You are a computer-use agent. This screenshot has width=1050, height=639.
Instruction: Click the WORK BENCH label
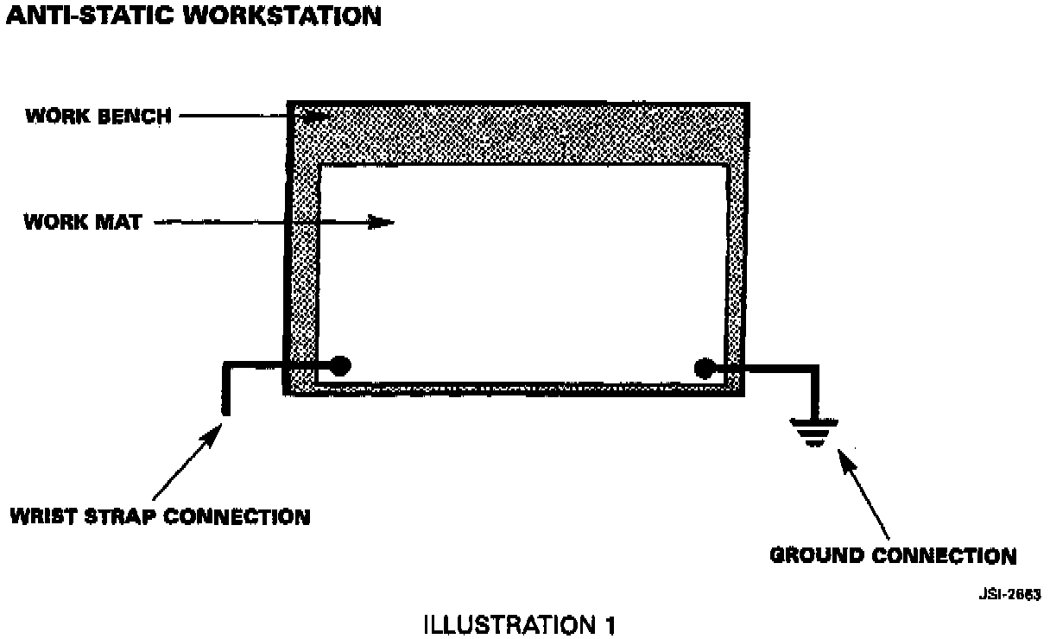98,116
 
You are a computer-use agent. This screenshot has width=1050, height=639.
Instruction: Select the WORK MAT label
83,222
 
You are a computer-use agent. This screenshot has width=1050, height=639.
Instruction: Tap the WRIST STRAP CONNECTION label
160,517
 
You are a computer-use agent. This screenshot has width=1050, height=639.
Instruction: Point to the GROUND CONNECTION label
893,555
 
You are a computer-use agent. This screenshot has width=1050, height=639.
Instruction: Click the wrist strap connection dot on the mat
340,366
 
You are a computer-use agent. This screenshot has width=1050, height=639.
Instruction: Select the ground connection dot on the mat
704,369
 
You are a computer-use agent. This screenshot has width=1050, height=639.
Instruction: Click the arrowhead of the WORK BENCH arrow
319,116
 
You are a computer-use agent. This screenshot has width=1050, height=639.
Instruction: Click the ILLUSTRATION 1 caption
521,624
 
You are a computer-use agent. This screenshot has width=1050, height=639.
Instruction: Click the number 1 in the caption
610,624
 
